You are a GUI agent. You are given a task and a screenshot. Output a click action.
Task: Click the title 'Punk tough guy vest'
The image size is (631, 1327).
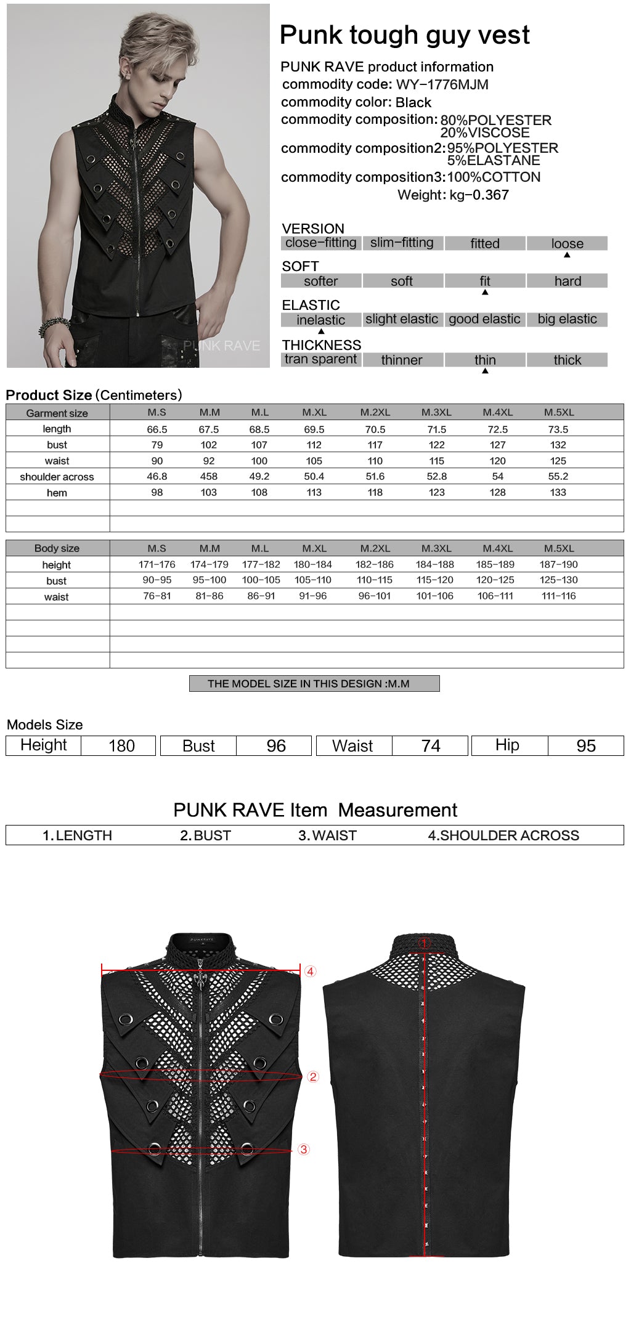coord(404,35)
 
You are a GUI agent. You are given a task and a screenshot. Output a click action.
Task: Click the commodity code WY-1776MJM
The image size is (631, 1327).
coord(442,84)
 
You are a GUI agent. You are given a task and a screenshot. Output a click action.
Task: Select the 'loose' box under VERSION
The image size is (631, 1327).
coord(567,243)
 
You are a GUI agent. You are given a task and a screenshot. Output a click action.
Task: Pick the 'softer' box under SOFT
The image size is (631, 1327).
coord(320,282)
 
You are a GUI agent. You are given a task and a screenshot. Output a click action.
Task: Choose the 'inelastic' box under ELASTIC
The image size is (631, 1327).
coord(320,320)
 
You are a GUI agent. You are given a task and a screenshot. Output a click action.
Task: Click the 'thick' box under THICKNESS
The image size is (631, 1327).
coord(567,360)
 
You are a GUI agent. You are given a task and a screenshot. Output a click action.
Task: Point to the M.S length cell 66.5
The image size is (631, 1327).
coord(157,429)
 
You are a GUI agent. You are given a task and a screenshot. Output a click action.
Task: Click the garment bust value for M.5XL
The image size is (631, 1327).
coord(558,445)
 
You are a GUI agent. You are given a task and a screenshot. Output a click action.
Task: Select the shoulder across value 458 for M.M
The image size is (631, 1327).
coord(209,476)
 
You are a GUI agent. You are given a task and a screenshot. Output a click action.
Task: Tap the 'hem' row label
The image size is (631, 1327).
coord(57,493)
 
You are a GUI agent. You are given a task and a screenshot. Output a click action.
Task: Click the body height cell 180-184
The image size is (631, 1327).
coord(313,564)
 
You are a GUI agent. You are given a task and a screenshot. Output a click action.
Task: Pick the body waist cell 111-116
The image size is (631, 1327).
coord(558,596)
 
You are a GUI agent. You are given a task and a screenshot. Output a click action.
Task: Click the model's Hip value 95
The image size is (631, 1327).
coord(586,746)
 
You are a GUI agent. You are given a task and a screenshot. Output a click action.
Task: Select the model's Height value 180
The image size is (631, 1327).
coord(121,746)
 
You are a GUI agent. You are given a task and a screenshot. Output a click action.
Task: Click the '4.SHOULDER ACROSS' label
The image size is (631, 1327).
coord(503,835)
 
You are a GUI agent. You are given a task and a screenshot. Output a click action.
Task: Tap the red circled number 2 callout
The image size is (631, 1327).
coord(313,1077)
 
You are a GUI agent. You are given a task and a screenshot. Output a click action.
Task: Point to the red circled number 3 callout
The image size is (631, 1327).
coord(304,1150)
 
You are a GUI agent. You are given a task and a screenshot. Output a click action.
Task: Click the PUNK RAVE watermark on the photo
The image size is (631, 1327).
coord(221,346)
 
